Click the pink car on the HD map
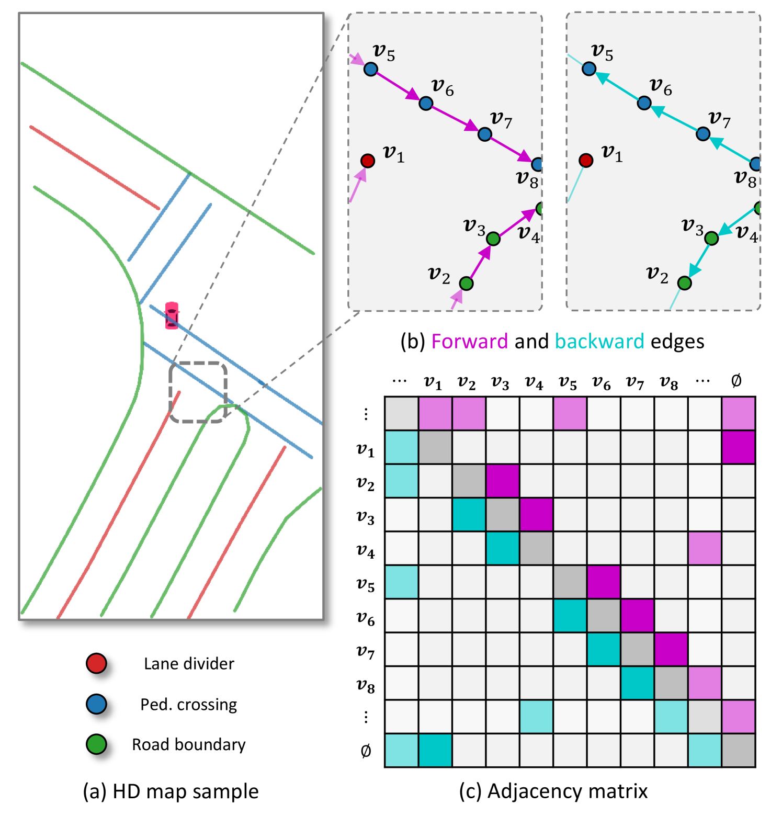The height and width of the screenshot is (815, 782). [x=172, y=315]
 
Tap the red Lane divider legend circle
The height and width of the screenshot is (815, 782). [x=97, y=663]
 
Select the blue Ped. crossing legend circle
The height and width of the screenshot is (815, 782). [x=97, y=704]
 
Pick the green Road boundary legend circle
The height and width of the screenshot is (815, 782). [x=97, y=744]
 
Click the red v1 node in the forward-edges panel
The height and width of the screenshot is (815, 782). [x=368, y=161]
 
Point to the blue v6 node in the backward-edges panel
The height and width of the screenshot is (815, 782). [x=644, y=103]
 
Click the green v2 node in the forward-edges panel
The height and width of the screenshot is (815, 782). [x=466, y=284]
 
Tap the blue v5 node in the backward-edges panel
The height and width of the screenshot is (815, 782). [x=589, y=69]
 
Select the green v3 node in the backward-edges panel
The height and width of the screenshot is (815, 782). [x=711, y=239]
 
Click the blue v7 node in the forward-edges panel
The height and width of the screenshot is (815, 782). [x=485, y=134]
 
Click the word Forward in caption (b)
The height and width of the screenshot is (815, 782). [x=469, y=342]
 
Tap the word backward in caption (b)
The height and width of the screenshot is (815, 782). [x=599, y=342]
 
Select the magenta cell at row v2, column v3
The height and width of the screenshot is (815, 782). [x=503, y=481]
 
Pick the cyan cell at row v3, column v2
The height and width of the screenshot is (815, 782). [x=469, y=515]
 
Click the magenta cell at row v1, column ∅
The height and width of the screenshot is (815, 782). [x=738, y=447]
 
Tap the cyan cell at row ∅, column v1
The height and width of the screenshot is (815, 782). [x=435, y=750]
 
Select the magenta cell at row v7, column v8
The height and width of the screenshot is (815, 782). [x=671, y=649]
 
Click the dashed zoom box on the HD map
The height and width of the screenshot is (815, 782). [x=198, y=392]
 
